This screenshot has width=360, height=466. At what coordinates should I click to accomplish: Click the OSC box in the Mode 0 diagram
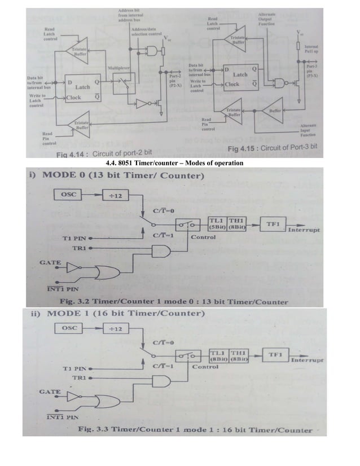[69, 195]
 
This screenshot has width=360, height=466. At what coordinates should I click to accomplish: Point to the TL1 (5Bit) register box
[217, 223]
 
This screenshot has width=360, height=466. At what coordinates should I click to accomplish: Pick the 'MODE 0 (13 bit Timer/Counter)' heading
[116, 176]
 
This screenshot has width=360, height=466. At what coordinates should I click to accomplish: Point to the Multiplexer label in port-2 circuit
[119, 68]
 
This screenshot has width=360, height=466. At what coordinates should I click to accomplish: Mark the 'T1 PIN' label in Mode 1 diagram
[73, 368]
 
